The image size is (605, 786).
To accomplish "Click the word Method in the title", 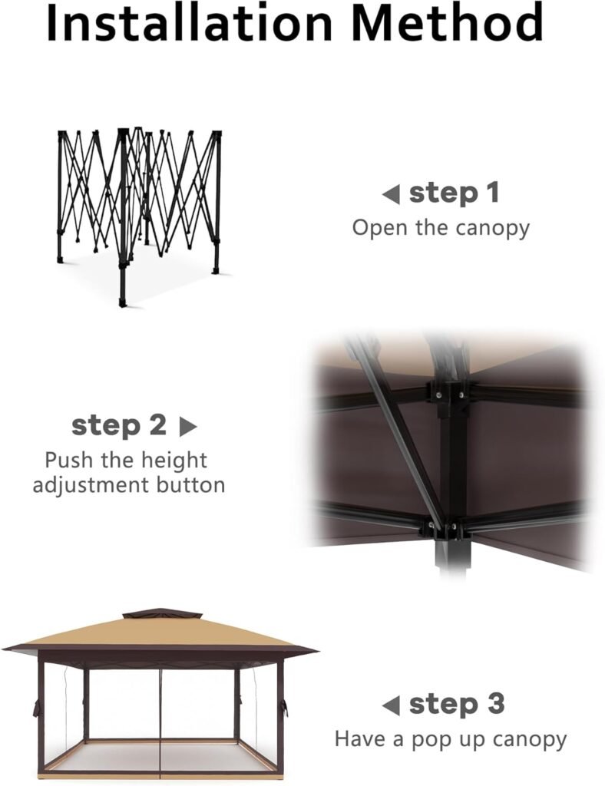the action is click(x=447, y=22).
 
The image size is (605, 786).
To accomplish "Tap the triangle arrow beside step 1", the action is click(x=391, y=194).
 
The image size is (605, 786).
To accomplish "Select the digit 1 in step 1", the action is click(x=493, y=193).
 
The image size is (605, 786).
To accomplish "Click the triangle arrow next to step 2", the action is click(x=188, y=427).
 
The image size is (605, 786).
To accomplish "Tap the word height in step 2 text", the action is click(x=174, y=461).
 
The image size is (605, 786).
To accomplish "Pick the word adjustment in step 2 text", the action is click(x=91, y=486).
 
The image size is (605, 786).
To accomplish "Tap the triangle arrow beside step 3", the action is click(x=391, y=706).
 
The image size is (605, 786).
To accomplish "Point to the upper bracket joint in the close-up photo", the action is click(x=448, y=394).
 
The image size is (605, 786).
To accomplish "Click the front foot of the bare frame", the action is click(x=122, y=302).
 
